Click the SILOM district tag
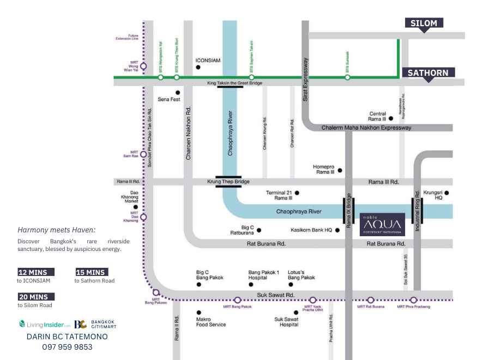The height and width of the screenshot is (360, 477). pos(424,23)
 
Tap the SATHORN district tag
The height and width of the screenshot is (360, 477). pos(428,73)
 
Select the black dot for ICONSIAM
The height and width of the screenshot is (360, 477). pos(198,67)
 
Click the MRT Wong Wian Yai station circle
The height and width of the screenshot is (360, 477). pos(143,67)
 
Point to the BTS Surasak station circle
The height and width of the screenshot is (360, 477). pos(347,77)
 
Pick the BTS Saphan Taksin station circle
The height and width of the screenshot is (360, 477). pos(251,77)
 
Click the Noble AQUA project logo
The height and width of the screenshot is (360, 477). pos(382,223)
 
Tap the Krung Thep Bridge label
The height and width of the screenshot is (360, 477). pos(228,181)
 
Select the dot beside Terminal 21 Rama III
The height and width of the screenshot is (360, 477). pos(297,193)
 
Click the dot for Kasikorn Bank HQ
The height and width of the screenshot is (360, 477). pos(338,230)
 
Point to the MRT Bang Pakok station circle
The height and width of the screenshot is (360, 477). pos(237,300)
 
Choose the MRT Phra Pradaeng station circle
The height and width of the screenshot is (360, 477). pos(413,300)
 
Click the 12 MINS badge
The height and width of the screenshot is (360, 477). pos(36,272)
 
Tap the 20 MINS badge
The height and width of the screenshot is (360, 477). pos(36,297)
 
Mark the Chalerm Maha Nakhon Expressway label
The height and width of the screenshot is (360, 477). pos(366,128)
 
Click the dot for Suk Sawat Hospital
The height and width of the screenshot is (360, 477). pos(296,313)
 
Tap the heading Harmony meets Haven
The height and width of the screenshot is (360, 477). pos(56,230)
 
